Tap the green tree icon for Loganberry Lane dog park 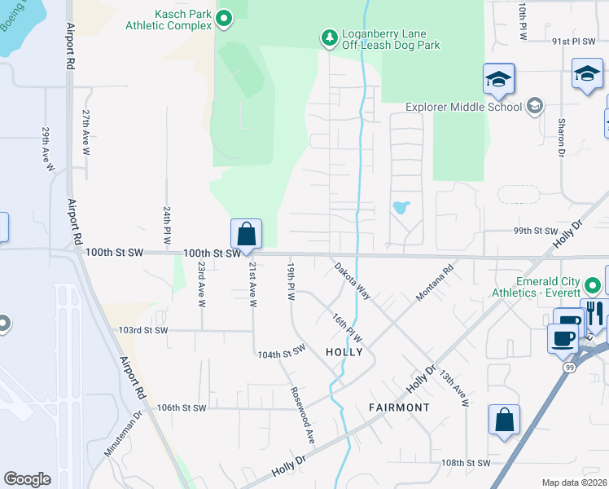[329, 37]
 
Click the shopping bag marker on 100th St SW [246, 235]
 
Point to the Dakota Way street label [352, 280]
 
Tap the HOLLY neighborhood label [344, 351]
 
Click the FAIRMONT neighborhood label [399, 407]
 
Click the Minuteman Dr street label [123, 432]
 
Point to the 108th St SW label [466, 462]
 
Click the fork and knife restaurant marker [595, 313]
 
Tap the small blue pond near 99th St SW [401, 207]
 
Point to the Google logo [27, 479]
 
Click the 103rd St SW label [142, 330]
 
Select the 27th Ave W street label [85, 133]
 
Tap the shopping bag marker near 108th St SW [504, 421]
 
